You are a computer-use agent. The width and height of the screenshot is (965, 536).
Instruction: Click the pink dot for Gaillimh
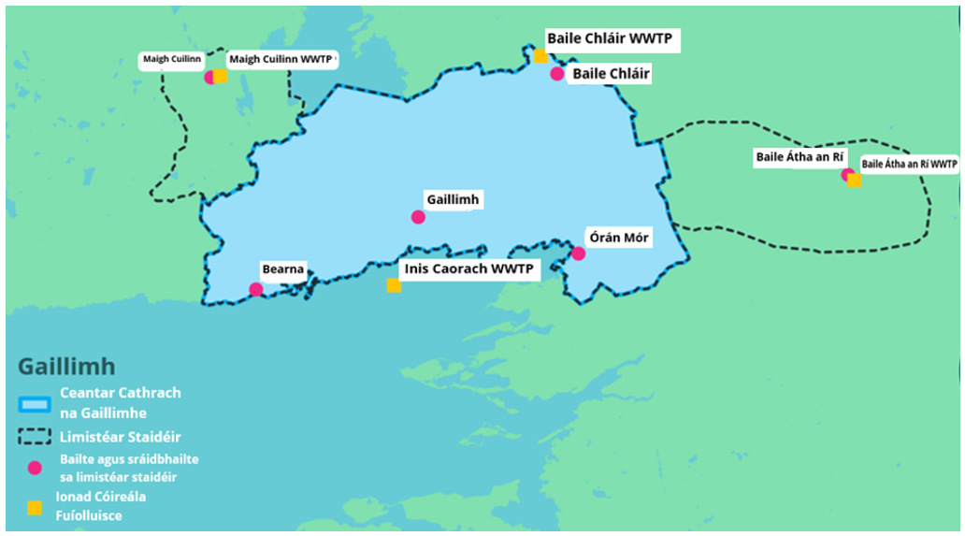coord(418,217)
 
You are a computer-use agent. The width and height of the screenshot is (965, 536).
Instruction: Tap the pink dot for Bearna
coord(256,289)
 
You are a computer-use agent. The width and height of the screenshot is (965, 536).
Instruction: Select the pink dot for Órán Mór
coord(578,254)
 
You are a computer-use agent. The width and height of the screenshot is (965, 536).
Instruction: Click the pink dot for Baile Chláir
coord(557,74)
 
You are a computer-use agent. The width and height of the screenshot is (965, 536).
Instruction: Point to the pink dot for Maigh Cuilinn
coord(210,77)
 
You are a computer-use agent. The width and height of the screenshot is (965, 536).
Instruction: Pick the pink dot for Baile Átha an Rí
coord(847,175)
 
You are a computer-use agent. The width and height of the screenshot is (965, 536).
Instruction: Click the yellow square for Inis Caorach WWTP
coord(394,285)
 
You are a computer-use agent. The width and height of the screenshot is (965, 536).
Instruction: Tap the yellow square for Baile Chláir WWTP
coord(540,56)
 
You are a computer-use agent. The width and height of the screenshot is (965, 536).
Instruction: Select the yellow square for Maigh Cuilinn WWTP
coord(221,77)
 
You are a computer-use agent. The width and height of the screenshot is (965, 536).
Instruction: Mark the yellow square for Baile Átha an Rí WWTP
coord(855,180)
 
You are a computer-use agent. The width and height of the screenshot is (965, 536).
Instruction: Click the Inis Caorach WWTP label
coord(468,269)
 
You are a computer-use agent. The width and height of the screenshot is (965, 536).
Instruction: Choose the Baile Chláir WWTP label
coord(613,39)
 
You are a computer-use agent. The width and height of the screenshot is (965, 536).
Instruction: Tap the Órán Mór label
coord(617,238)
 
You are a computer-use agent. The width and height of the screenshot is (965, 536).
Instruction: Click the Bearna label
coord(282,270)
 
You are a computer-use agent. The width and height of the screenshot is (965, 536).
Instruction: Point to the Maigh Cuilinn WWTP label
coord(281,59)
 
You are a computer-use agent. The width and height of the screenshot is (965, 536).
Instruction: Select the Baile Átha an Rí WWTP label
coord(909,164)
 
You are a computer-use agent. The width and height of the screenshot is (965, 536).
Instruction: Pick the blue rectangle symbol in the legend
coord(35,403)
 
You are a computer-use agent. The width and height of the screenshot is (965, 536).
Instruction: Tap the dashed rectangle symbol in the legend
coord(35,437)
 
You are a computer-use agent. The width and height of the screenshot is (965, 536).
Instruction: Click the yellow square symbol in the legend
coord(35,508)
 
